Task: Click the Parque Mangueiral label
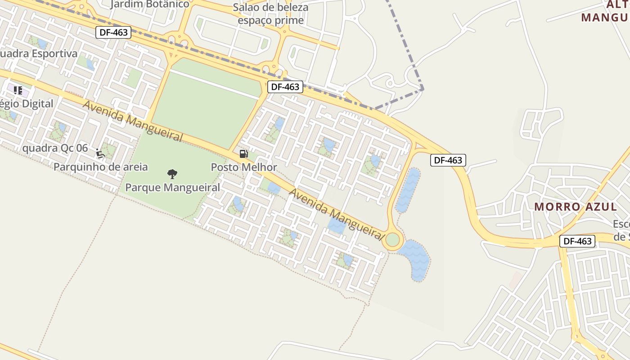pos(172,187)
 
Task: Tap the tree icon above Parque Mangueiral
pos(172,174)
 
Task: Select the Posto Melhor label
pos(244,167)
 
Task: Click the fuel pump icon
pos(243,154)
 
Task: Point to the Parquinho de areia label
pos(100,166)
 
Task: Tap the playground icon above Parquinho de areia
pos(100,153)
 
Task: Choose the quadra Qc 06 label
pos(55,148)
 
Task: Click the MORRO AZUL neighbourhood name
pos(576,207)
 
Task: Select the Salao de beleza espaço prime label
pos(270,14)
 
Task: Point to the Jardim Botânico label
pos(150,4)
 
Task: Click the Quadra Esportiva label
pos(39,54)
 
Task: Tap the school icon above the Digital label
pos(18,90)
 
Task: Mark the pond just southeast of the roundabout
pos(416,260)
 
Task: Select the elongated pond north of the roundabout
pos(408,190)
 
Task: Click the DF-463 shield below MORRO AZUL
pos(577,241)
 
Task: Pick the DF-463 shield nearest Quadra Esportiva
pos(113,32)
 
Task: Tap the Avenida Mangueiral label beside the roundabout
pos(337,214)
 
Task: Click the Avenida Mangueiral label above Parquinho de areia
pos(133,120)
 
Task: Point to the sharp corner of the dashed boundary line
pos(423,89)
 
